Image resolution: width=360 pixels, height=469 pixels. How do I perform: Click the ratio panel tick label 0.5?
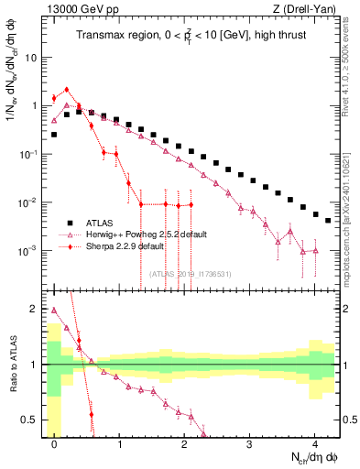pyautogui.click(x=29, y=420)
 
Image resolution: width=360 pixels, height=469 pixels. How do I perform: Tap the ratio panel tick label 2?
pyautogui.click(x=34, y=309)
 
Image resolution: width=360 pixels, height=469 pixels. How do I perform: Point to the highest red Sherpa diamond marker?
pyautogui.click(x=67, y=90)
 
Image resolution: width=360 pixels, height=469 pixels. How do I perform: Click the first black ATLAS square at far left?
pyautogui.click(x=54, y=135)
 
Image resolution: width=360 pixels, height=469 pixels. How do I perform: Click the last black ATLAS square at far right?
pyautogui.click(x=327, y=220)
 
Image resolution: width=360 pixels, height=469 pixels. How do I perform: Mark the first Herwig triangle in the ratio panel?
pyautogui.click(x=54, y=310)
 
